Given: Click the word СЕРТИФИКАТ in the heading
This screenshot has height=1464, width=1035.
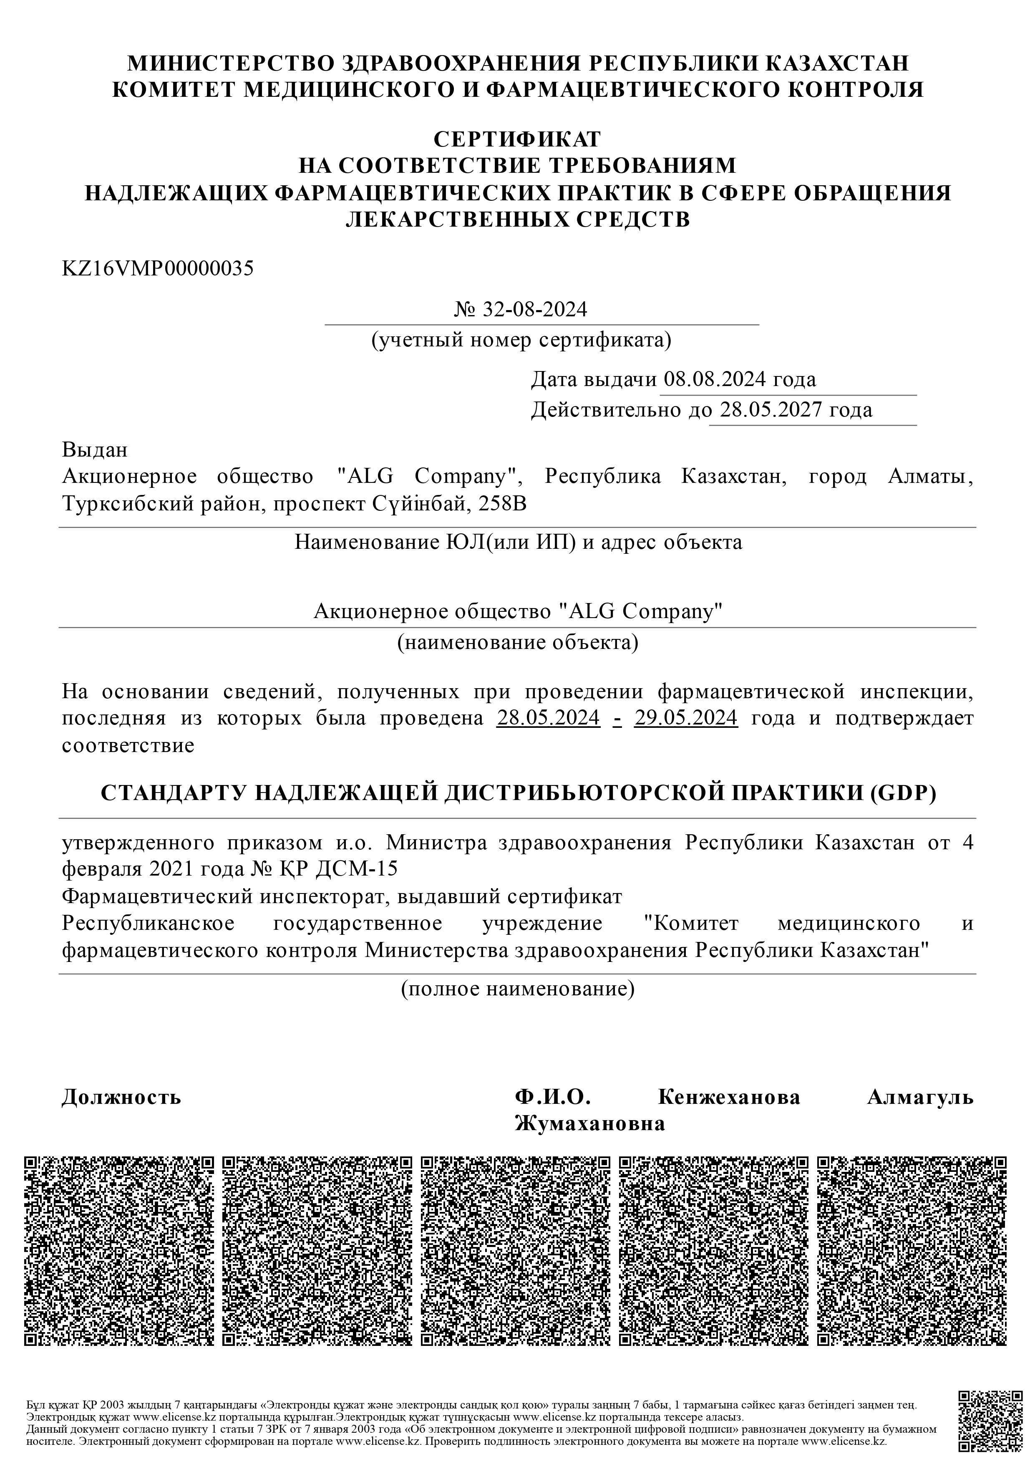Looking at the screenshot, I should [x=517, y=139].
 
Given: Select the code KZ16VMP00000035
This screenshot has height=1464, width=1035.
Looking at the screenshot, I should [x=157, y=268].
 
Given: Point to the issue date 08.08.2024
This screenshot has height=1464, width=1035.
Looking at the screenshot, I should [x=714, y=379].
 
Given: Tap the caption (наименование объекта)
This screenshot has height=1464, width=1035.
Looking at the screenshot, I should [x=517, y=642].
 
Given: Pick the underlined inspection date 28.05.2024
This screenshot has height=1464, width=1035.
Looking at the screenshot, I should [x=548, y=718].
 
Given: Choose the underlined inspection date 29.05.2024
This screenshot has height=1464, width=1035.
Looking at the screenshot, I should [x=686, y=718].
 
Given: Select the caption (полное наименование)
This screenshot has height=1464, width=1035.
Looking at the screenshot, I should [x=517, y=989].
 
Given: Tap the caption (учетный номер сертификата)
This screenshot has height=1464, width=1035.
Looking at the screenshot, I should [x=521, y=341].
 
